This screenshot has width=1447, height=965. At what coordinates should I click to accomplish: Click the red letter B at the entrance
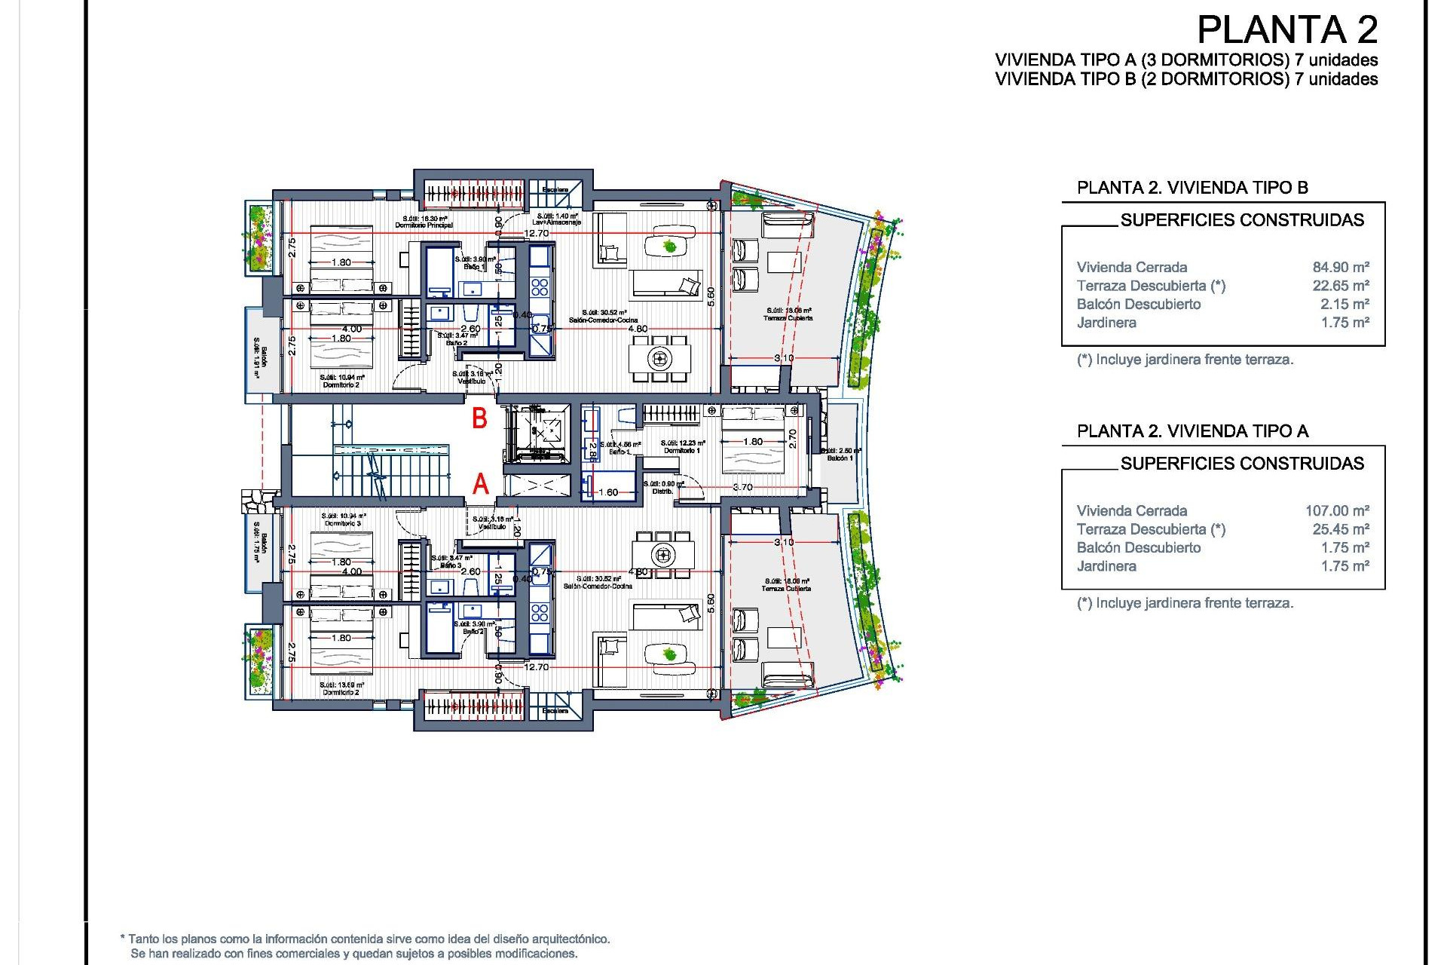point(479,418)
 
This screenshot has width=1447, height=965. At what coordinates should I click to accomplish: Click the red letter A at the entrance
point(480,483)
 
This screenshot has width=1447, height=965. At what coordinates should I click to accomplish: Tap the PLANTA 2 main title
point(1286,30)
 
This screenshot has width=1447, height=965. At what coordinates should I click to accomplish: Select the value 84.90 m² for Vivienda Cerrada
point(1340,267)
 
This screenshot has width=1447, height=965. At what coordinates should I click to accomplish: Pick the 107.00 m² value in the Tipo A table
point(1336,510)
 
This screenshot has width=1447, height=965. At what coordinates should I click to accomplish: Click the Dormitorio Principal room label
point(424,225)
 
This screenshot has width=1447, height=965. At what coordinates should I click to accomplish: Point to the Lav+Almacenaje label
point(556,222)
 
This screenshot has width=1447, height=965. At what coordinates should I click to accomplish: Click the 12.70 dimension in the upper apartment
point(536,233)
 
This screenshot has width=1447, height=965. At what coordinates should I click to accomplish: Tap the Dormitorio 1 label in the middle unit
point(681,450)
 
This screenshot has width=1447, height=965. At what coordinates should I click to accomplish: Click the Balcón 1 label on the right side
point(840,458)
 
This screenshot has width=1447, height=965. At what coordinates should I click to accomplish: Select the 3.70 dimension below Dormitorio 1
point(742,487)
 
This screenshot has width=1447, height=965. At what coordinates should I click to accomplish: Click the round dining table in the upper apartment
point(660,358)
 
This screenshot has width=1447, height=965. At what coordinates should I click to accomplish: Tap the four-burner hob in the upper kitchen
point(539,286)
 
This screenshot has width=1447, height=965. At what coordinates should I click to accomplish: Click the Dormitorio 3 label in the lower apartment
point(343,523)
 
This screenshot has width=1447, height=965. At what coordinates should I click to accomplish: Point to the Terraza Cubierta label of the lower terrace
point(787,588)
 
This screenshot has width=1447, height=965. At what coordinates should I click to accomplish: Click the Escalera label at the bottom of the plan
point(555,710)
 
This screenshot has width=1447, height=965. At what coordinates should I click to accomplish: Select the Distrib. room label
point(662,491)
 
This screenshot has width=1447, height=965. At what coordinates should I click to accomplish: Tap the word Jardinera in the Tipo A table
point(1106,565)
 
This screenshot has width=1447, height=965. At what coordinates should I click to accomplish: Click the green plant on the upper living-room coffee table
point(669,245)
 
